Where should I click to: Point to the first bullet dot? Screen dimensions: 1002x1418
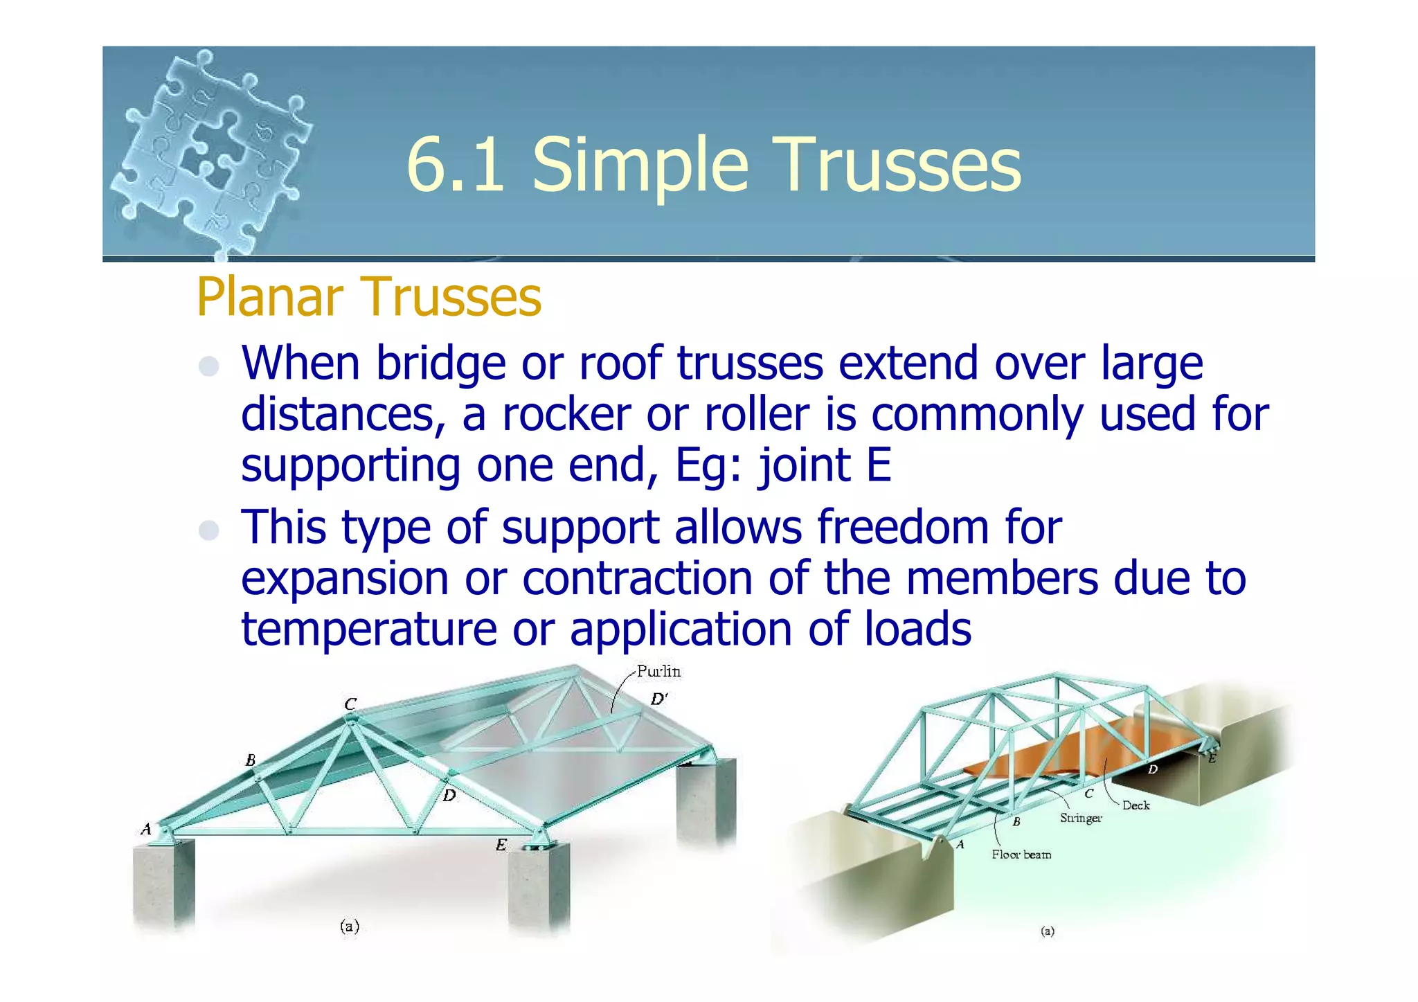pyautogui.click(x=208, y=366)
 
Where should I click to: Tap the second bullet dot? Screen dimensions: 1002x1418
pyautogui.click(x=208, y=530)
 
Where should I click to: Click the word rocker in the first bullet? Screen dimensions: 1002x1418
pyautogui.click(x=566, y=415)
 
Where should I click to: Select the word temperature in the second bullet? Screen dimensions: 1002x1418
pyautogui.click(x=368, y=629)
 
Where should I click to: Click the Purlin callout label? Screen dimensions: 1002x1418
pyautogui.click(x=658, y=671)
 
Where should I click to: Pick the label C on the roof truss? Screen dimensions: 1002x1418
pyautogui.click(x=351, y=704)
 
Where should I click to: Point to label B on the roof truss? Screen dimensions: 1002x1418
pyautogui.click(x=251, y=760)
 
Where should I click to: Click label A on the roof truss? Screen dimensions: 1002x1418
pyautogui.click(x=146, y=829)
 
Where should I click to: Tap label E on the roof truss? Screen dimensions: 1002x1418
pyautogui.click(x=501, y=844)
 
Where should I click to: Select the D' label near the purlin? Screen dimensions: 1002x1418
pyautogui.click(x=658, y=699)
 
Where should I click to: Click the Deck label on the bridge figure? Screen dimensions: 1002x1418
pyautogui.click(x=1136, y=805)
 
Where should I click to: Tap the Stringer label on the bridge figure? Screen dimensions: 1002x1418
pyautogui.click(x=1081, y=818)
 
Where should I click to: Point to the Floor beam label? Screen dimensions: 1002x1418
pyautogui.click(x=1021, y=855)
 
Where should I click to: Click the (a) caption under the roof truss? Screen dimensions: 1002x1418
pyautogui.click(x=350, y=926)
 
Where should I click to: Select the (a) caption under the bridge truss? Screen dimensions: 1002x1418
pyautogui.click(x=1048, y=931)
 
